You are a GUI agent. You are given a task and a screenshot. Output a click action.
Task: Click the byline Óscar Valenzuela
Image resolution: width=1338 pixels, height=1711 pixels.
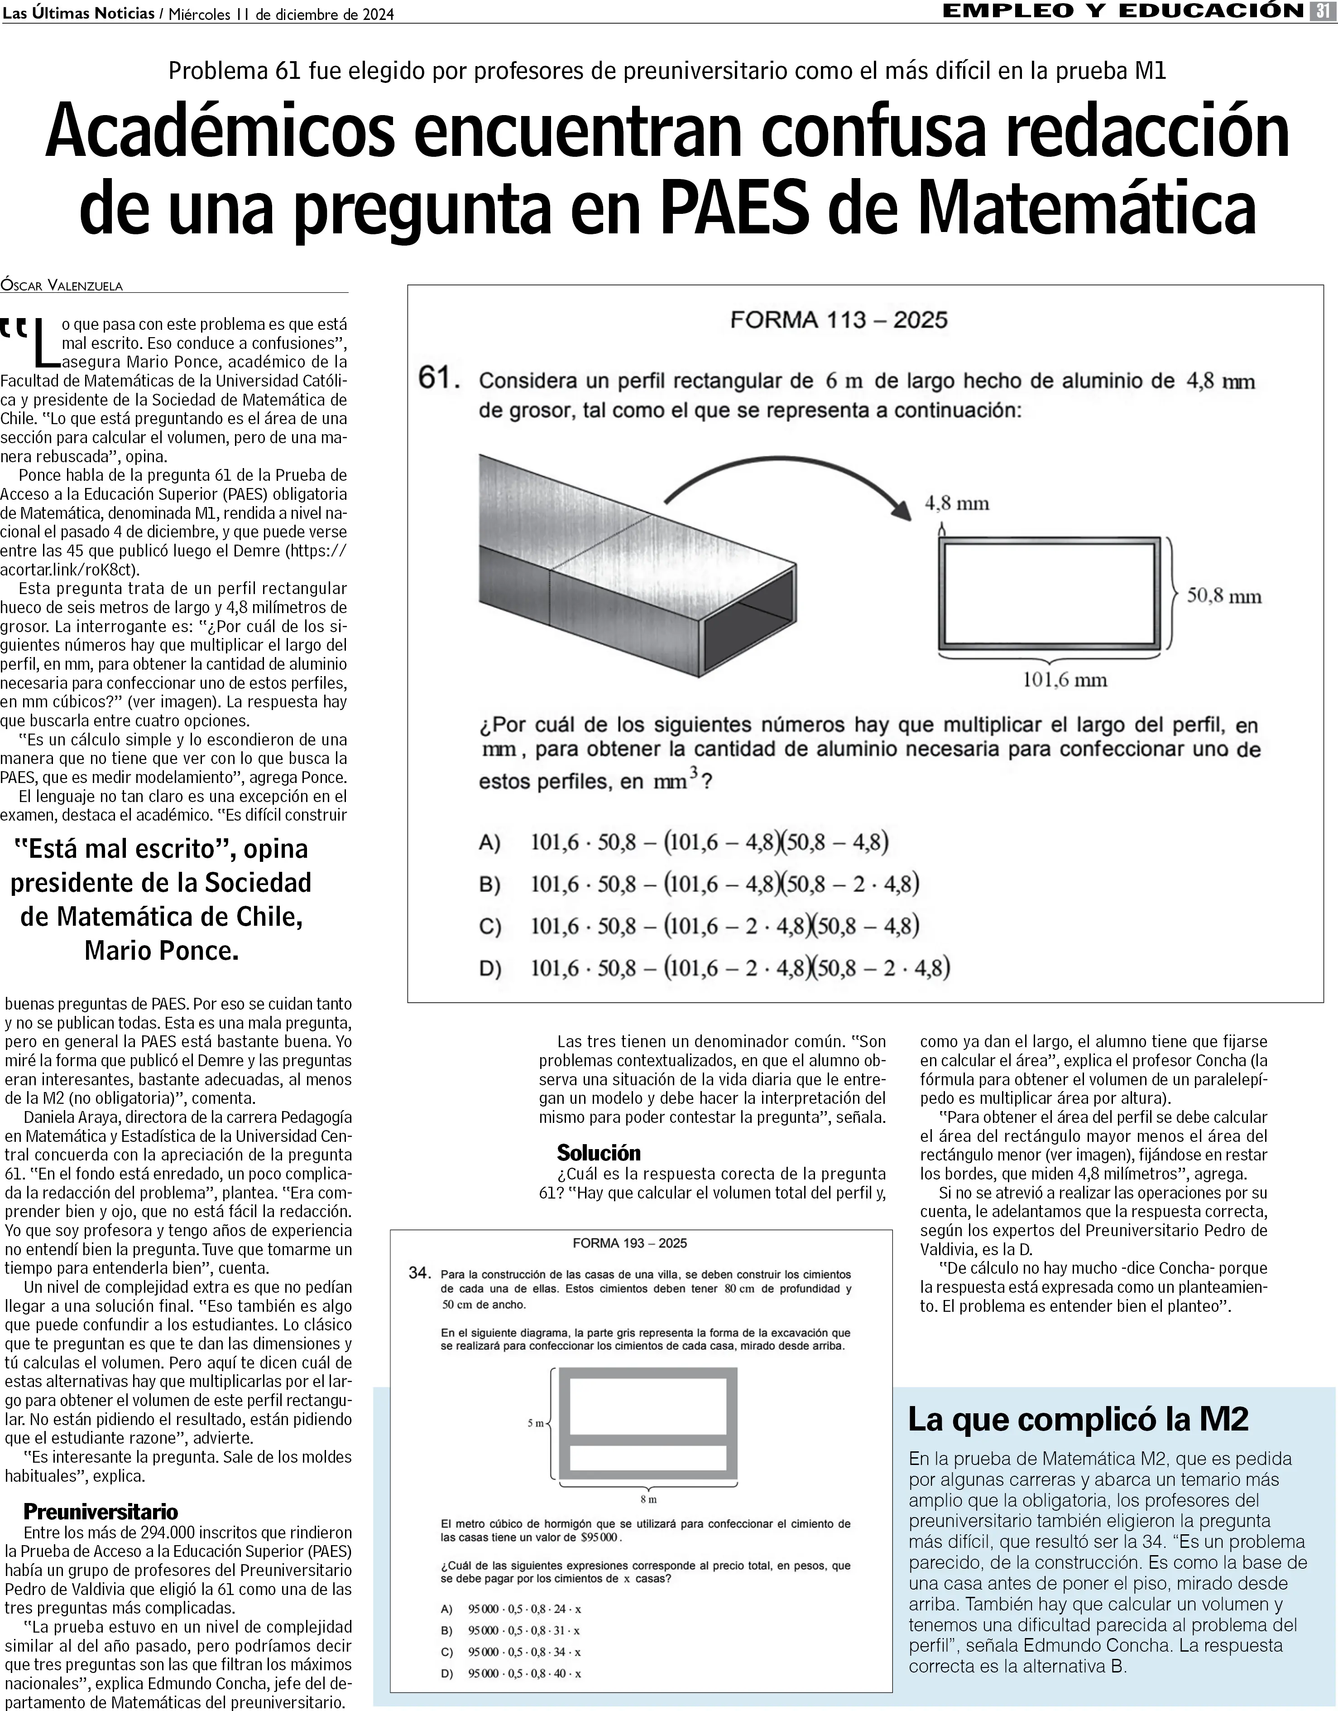point(62,285)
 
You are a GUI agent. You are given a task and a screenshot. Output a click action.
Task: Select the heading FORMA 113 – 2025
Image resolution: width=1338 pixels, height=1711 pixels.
point(838,320)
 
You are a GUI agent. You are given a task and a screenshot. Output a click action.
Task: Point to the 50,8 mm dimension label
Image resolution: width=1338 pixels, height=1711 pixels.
point(1223,596)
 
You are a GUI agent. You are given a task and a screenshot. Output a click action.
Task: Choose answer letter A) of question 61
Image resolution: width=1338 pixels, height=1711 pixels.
point(489,842)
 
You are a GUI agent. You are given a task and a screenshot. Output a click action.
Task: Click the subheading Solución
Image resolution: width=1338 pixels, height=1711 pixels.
point(599,1153)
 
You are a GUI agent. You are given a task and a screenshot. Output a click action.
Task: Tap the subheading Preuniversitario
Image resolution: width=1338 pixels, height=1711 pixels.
point(100,1512)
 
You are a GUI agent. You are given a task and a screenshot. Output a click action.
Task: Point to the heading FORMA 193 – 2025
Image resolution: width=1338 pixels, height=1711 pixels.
point(630,1243)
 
